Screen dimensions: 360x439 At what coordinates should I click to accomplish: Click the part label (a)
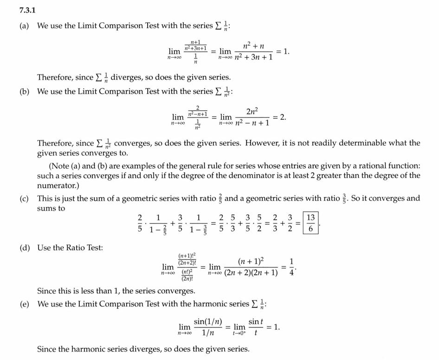pos(25,26)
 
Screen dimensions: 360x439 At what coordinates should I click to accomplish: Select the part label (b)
pos(25,92)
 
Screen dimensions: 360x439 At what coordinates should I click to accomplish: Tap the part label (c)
pos(25,199)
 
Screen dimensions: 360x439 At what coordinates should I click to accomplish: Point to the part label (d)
pos(25,248)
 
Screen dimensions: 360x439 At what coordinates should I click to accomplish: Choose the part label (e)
pos(25,304)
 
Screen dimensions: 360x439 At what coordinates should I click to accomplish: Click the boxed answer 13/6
pos(310,223)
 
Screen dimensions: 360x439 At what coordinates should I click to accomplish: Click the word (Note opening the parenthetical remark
pos(59,166)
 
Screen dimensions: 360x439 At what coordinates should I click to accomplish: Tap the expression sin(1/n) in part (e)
pos(208,322)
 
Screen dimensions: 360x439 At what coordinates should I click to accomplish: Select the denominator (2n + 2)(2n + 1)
pos(251,273)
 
